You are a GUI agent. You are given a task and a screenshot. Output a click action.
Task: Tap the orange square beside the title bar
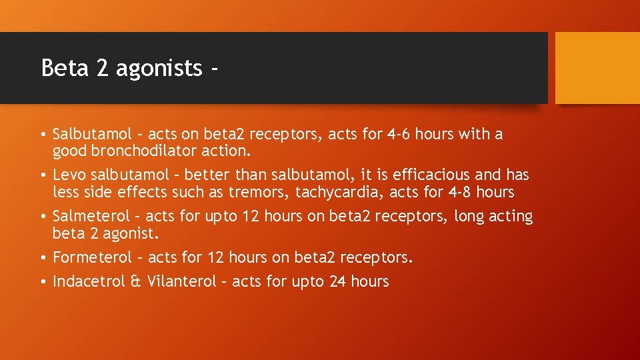click(x=597, y=68)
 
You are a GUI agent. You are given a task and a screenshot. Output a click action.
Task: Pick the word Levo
click(x=69, y=175)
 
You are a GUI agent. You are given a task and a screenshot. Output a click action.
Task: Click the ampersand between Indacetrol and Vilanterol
click(x=136, y=281)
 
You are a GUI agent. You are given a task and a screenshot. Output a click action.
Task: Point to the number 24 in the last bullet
click(x=337, y=281)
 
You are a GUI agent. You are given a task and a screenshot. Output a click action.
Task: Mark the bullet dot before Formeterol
click(x=43, y=258)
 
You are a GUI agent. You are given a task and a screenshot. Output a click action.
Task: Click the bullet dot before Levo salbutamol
click(x=43, y=176)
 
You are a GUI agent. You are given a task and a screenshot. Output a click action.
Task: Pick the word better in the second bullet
click(x=206, y=175)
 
